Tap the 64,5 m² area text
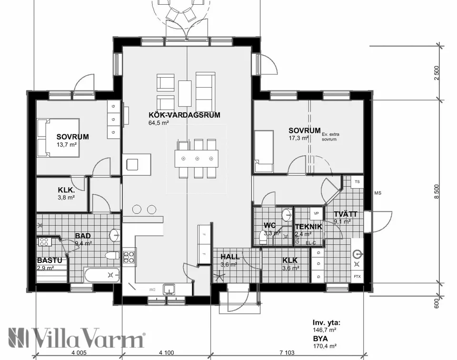pyautogui.click(x=159, y=123)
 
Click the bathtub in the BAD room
pyautogui.click(x=102, y=275)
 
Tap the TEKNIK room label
pyautogui.click(x=308, y=227)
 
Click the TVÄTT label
pyautogui.click(x=345, y=214)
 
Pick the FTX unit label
pyautogui.click(x=357, y=277)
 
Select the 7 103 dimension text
pyautogui.click(x=288, y=352)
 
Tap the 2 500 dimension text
pyautogui.click(x=437, y=73)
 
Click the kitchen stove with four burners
pyautogui.click(x=129, y=256)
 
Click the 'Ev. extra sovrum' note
pyautogui.click(x=332, y=137)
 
